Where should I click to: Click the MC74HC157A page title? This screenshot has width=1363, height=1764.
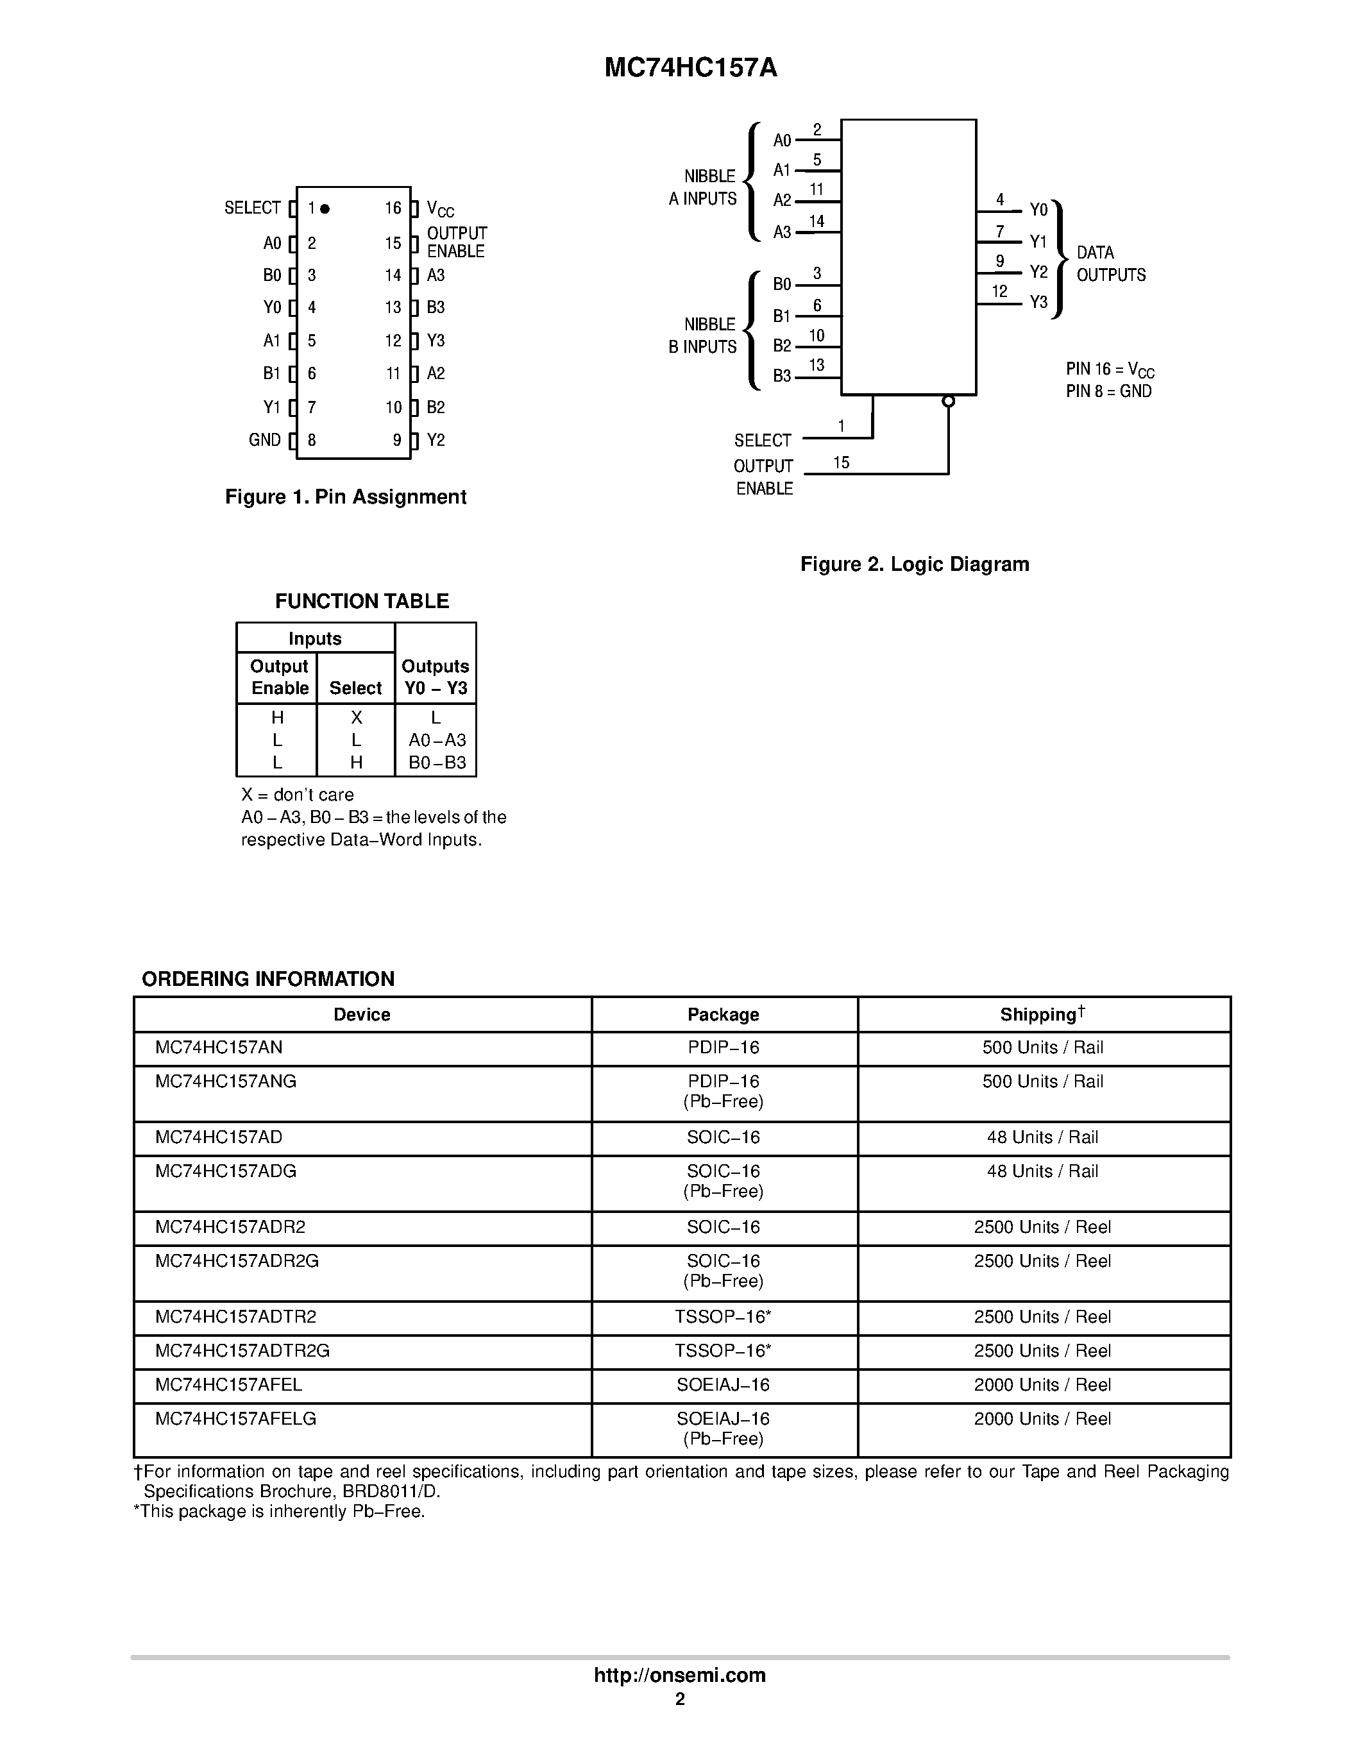coord(690,68)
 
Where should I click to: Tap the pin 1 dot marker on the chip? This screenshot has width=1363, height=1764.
coord(325,208)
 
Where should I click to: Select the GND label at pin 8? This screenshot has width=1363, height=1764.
coord(265,440)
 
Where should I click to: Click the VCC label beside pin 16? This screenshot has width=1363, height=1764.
coord(440,209)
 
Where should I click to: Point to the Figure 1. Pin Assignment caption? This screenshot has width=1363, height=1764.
coord(346,496)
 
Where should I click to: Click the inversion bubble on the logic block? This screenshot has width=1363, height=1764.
coord(949,402)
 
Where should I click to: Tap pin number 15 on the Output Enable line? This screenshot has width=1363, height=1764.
coord(842,462)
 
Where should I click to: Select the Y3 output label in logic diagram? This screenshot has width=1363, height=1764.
coord(1038,302)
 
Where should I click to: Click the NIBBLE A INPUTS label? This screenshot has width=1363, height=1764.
coord(702,187)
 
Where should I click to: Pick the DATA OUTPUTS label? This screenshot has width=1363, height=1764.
coord(1111,264)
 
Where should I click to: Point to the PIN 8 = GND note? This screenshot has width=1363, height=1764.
coord(1108,392)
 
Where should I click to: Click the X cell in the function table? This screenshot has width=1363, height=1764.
coord(356,717)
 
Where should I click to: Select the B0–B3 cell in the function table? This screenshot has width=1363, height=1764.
coord(437,763)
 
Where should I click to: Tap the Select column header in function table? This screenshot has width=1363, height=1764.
coord(355,688)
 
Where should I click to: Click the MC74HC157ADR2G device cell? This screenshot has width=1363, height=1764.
coord(237,1261)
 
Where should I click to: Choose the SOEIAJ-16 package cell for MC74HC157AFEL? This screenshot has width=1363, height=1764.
coord(724,1384)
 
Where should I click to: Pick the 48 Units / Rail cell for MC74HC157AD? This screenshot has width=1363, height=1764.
coord(1042,1137)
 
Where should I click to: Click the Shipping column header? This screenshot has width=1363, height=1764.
coord(1042,1015)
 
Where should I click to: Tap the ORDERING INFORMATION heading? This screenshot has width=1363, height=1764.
coord(268,979)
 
